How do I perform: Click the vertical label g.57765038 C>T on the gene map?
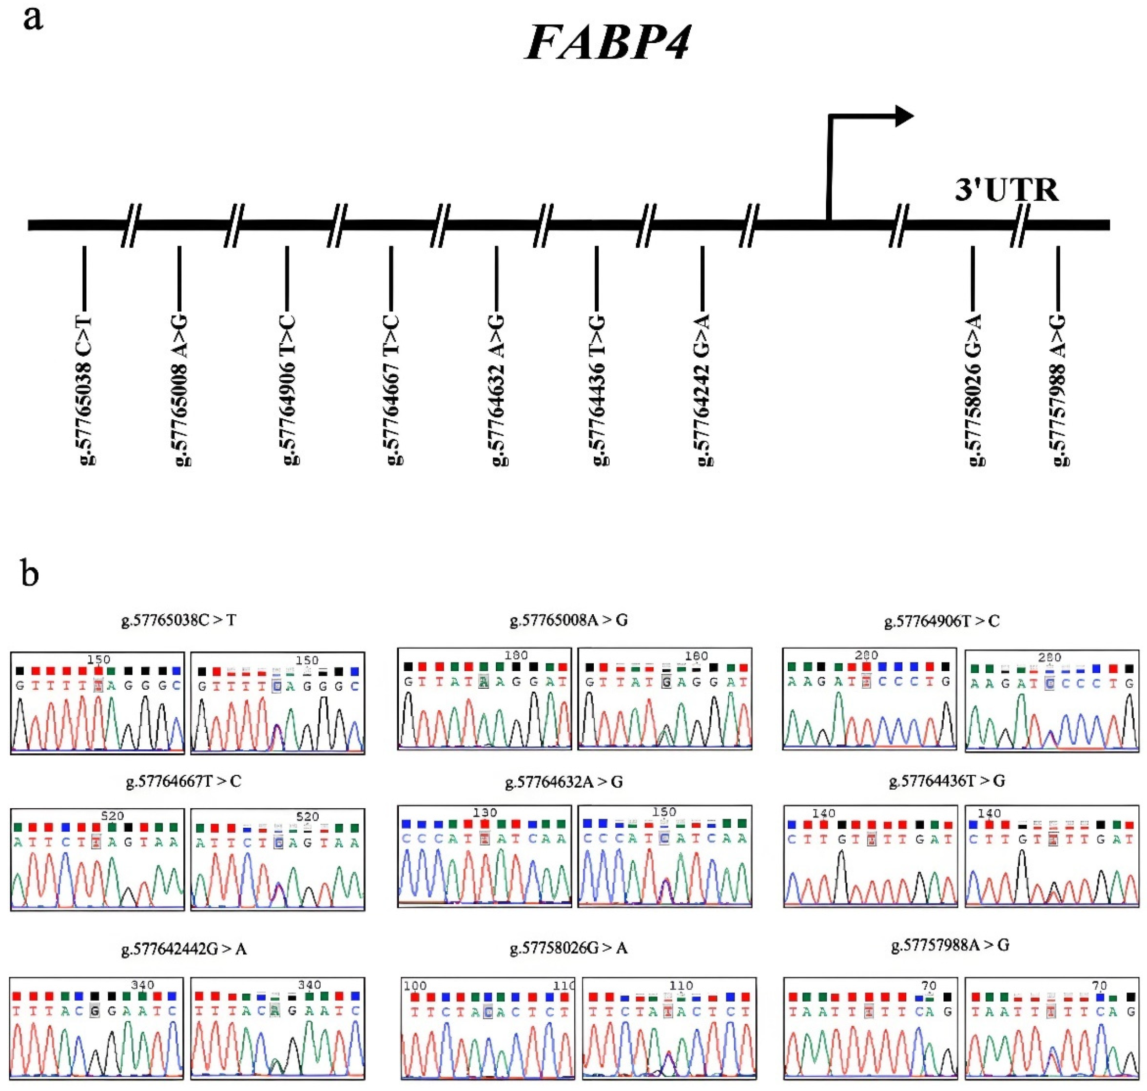pos(85,389)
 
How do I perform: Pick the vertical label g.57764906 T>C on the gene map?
pos(289,389)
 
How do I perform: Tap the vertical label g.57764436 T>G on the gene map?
pos(598,389)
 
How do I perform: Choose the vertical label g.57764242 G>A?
pos(703,389)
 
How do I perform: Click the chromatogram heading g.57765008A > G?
pos(568,620)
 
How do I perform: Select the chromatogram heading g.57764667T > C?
pos(183,781)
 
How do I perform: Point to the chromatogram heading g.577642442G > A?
pos(184,949)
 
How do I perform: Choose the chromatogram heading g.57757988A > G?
pos(950,946)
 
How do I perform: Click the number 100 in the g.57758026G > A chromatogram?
pos(415,986)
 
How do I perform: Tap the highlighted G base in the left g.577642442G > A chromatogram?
pos(95,1011)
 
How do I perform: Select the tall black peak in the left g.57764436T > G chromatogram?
pos(841,872)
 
